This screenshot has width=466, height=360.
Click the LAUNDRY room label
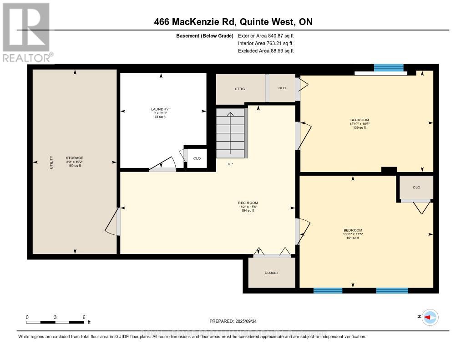click(x=160, y=109)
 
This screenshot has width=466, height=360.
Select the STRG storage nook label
click(x=240, y=89)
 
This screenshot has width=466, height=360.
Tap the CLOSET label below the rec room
click(x=271, y=273)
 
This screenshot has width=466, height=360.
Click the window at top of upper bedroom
click(x=389, y=68)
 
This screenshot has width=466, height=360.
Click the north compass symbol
click(x=430, y=317)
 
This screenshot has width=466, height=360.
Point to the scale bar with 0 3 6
click(x=55, y=322)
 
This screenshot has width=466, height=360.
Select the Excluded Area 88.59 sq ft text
click(x=266, y=51)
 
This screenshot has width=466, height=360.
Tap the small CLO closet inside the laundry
click(x=197, y=158)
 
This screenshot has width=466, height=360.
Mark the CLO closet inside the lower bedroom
click(x=416, y=187)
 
